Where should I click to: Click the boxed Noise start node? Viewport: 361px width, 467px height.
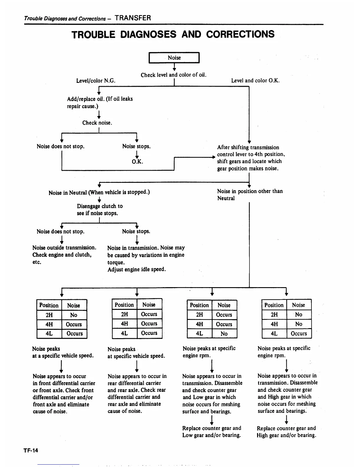click(174, 58)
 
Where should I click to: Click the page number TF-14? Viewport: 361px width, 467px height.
click(31, 450)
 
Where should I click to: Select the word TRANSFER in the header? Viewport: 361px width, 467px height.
click(133, 18)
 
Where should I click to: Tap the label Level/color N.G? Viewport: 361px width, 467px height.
click(96, 80)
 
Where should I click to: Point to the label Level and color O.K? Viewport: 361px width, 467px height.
click(255, 80)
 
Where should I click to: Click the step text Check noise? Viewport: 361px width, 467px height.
click(97, 123)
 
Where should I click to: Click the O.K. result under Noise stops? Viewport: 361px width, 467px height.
click(137, 162)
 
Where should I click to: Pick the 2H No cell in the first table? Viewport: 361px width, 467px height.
click(74, 315)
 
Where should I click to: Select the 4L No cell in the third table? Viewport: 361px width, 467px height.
click(224, 333)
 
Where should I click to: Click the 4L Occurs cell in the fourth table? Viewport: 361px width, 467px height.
click(299, 333)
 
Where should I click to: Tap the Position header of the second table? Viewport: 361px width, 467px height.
click(124, 305)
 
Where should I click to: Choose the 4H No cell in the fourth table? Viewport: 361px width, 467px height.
click(299, 324)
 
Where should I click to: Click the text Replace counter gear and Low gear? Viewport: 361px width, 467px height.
click(211, 432)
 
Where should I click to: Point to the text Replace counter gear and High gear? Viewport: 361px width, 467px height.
click(286, 432)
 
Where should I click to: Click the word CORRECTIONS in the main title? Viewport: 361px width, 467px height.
click(240, 34)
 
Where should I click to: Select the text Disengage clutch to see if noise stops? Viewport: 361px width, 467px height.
click(100, 210)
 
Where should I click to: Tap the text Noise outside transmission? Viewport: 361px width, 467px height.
click(64, 248)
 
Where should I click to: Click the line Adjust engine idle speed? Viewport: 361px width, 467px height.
click(137, 269)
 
